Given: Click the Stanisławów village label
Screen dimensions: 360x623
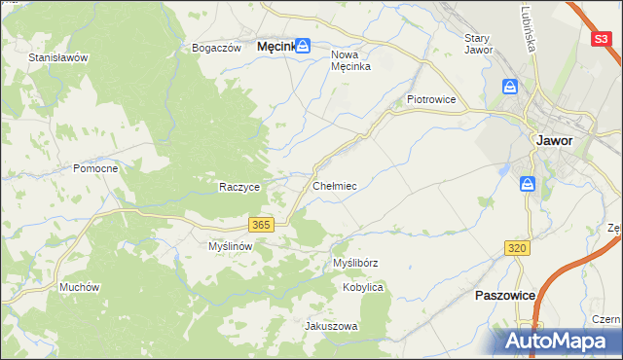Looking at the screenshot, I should (58, 57).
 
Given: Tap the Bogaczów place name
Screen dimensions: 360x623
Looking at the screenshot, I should (216, 48).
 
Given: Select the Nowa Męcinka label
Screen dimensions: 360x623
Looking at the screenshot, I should (351, 60).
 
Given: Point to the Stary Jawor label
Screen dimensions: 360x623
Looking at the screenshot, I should (479, 44).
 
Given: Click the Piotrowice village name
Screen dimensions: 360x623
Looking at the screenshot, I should (431, 99).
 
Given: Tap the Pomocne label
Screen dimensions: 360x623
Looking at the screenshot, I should (95, 168).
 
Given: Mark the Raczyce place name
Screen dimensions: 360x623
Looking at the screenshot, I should (238, 187).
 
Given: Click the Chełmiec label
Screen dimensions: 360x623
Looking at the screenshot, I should (334, 185).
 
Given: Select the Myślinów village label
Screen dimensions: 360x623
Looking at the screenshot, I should (231, 247).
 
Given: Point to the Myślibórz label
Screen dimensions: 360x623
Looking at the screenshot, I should (355, 264).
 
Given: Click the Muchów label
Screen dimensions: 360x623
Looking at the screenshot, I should (80, 287).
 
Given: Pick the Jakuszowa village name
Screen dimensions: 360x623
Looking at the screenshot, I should (332, 326).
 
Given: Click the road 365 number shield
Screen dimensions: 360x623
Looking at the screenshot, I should (260, 225).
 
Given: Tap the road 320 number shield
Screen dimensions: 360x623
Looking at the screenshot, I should (517, 249).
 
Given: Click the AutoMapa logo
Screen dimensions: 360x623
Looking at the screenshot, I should (561, 341).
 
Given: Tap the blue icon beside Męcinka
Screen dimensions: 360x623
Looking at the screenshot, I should (303, 45).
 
